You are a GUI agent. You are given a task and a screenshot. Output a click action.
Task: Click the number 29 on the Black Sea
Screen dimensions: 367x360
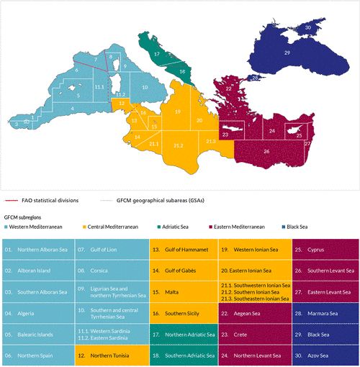click(x=287, y=53)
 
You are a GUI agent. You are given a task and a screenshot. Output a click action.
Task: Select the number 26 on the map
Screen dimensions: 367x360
click(x=266, y=152)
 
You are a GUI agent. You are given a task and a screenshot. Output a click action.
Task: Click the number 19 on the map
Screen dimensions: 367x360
click(x=177, y=113)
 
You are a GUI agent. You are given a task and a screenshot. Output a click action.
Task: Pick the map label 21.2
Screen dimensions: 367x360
click(x=179, y=145)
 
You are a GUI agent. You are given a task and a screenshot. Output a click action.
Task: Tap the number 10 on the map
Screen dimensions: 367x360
click(x=144, y=87)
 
